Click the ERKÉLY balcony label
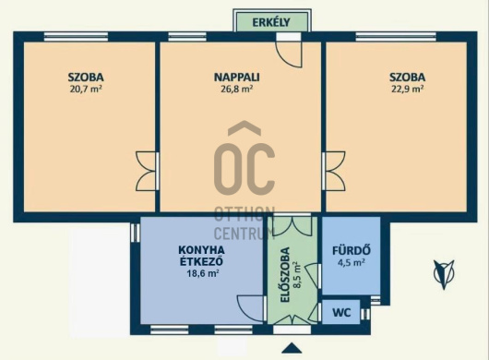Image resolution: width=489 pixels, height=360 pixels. [x=271, y=22]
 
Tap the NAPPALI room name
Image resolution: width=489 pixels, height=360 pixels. [x=237, y=77]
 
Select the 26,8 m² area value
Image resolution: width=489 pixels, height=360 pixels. [x=237, y=90]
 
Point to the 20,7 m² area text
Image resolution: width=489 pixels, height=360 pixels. [x=86, y=90]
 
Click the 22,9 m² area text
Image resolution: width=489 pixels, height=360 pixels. [x=407, y=90]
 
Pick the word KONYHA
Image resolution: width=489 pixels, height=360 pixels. [x=201, y=250]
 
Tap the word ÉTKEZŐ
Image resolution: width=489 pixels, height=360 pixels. [x=201, y=261]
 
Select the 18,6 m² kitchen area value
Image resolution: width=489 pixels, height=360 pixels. [x=203, y=273]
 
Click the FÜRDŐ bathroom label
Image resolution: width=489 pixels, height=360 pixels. [x=352, y=250]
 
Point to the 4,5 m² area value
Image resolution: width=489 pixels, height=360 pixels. [x=352, y=263]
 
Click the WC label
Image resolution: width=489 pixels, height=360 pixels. [x=341, y=312]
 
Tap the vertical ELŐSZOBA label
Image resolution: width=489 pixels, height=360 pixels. [x=285, y=274]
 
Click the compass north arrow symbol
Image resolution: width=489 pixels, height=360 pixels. [x=444, y=274]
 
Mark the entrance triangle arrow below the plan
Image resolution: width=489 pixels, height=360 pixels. [x=292, y=348]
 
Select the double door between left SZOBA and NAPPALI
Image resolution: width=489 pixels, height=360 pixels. [x=147, y=171]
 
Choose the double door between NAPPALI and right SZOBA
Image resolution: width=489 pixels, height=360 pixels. [x=334, y=171]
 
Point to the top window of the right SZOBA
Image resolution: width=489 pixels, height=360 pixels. [x=396, y=37]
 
